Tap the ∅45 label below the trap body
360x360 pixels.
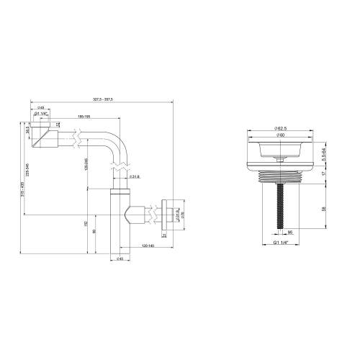coord(120,260)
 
